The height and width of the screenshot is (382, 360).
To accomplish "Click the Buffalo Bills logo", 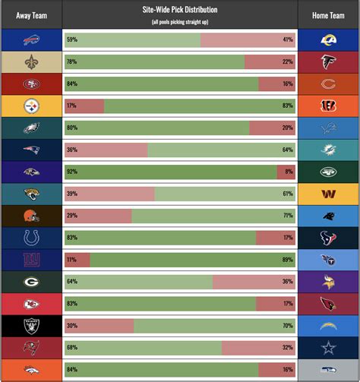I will coord(31,40).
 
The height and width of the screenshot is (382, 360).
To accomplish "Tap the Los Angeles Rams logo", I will coord(328,40).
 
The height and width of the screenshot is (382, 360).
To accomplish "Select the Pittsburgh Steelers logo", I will coord(31,106).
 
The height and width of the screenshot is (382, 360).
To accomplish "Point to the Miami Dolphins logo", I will coord(328,150).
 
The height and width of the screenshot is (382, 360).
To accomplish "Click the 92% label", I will coord(72,172).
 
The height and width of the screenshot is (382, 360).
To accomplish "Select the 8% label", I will coord(289,172).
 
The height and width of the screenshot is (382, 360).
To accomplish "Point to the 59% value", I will coord(72,40).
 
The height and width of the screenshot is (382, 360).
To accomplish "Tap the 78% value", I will coord(72,62).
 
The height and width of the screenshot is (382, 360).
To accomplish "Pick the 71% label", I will coord(287,216).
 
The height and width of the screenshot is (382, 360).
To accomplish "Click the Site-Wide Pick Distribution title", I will coord(180,11).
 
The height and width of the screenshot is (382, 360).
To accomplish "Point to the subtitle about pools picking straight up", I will coord(180,21).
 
